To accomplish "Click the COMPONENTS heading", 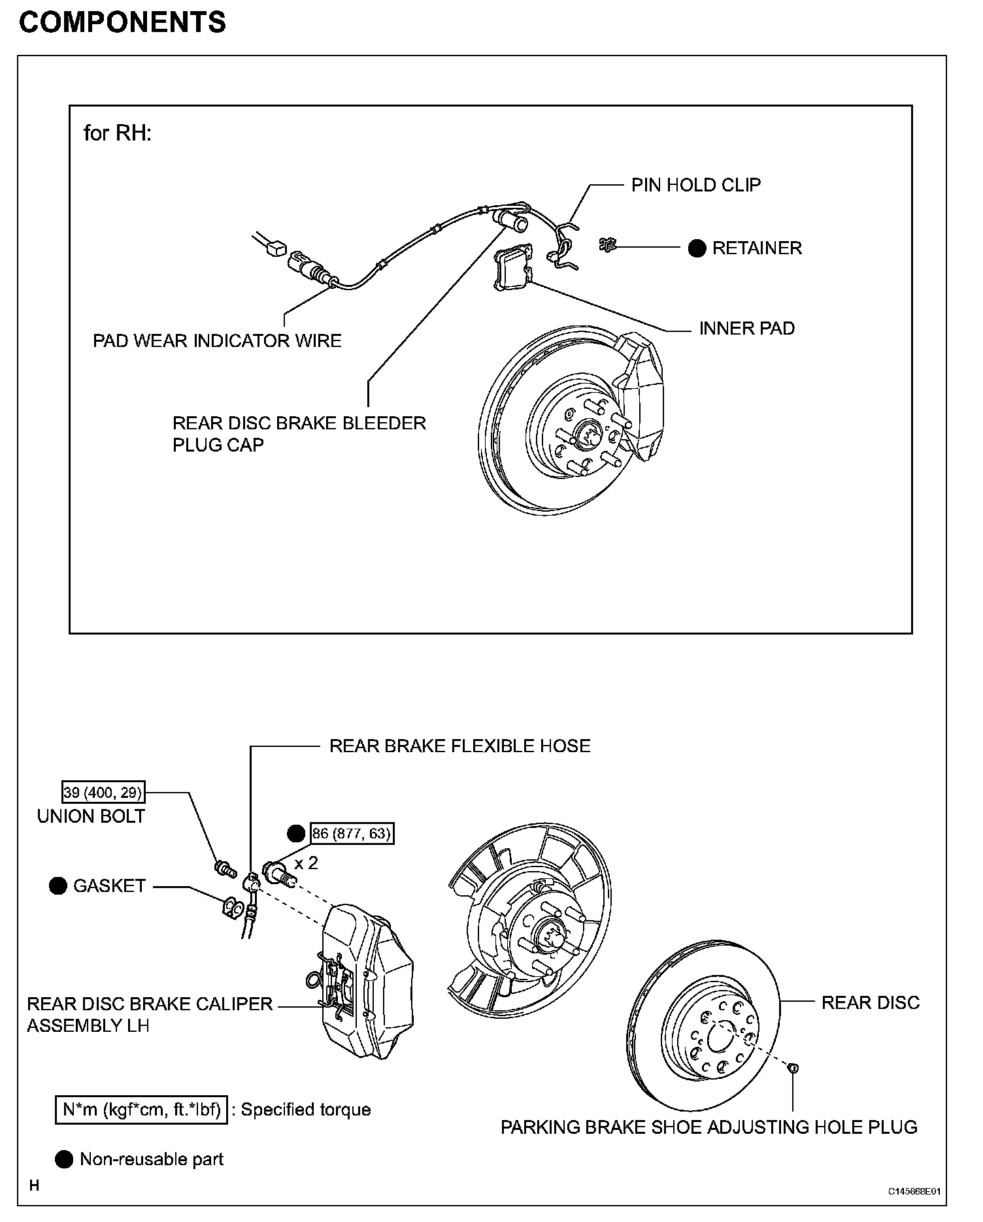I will click(122, 22).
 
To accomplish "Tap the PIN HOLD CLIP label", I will click(695, 185).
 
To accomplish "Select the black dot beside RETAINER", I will click(697, 248).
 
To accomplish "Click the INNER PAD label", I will click(746, 328).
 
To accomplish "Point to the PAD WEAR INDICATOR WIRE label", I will click(217, 340).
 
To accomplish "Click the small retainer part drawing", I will click(608, 245).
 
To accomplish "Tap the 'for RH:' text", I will click(118, 133).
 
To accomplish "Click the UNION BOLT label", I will click(91, 816).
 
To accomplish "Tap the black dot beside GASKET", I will click(58, 886).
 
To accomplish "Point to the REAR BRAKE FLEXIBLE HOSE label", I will click(459, 746).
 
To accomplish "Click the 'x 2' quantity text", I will click(306, 863).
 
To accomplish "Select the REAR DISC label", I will click(870, 1002).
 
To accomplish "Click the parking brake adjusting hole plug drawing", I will click(793, 1068).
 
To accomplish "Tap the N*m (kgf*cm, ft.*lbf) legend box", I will click(142, 1110).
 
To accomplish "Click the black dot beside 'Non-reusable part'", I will click(64, 1160).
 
